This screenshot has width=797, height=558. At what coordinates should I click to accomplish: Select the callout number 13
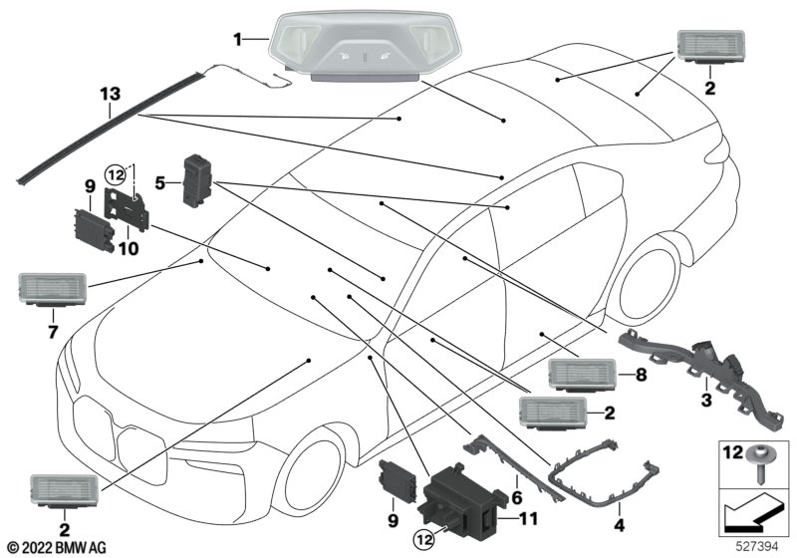coord(110,95)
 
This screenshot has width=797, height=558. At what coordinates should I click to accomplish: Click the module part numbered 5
coord(198,179)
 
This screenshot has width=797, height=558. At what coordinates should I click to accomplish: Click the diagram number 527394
coord(767,547)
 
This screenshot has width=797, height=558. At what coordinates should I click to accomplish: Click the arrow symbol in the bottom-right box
coord(753,514)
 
